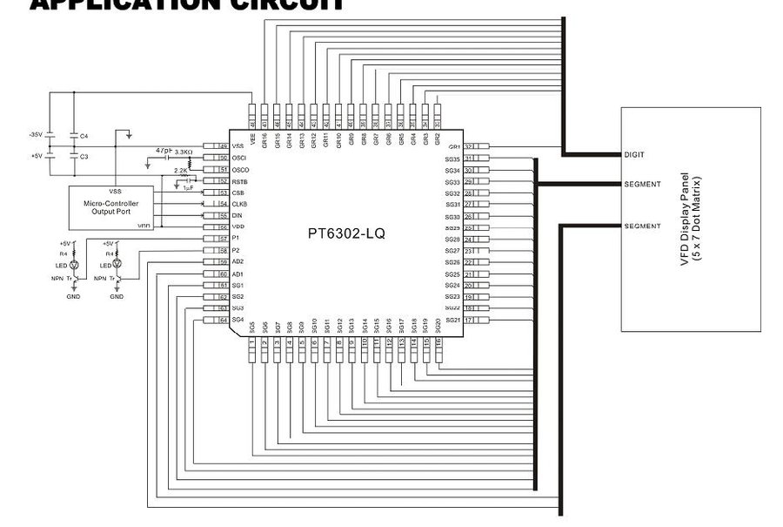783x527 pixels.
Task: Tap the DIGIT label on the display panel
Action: pyautogui.click(x=635, y=154)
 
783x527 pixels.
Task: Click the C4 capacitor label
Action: pyautogui.click(x=84, y=136)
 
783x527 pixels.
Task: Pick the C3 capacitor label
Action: pyautogui.click(x=84, y=157)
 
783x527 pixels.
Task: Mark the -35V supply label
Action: pyautogui.click(x=36, y=135)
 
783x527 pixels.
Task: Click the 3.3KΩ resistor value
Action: pyautogui.click(x=184, y=152)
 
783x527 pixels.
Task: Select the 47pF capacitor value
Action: pyautogui.click(x=163, y=151)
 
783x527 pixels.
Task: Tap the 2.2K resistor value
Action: pyautogui.click(x=181, y=171)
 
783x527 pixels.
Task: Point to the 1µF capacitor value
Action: pyautogui.click(x=188, y=187)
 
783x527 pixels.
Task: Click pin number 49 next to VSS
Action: pyautogui.click(x=223, y=146)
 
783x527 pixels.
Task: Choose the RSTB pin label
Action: pyautogui.click(x=239, y=181)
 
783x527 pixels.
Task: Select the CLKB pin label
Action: pyautogui.click(x=239, y=204)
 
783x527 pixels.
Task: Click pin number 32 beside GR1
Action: pyautogui.click(x=468, y=146)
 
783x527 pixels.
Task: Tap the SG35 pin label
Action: pyautogui.click(x=452, y=159)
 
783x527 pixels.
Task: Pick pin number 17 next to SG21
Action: pyautogui.click(x=468, y=320)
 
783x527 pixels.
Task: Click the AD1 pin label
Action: pyautogui.click(x=238, y=274)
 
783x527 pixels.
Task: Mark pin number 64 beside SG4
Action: pyautogui.click(x=223, y=320)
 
